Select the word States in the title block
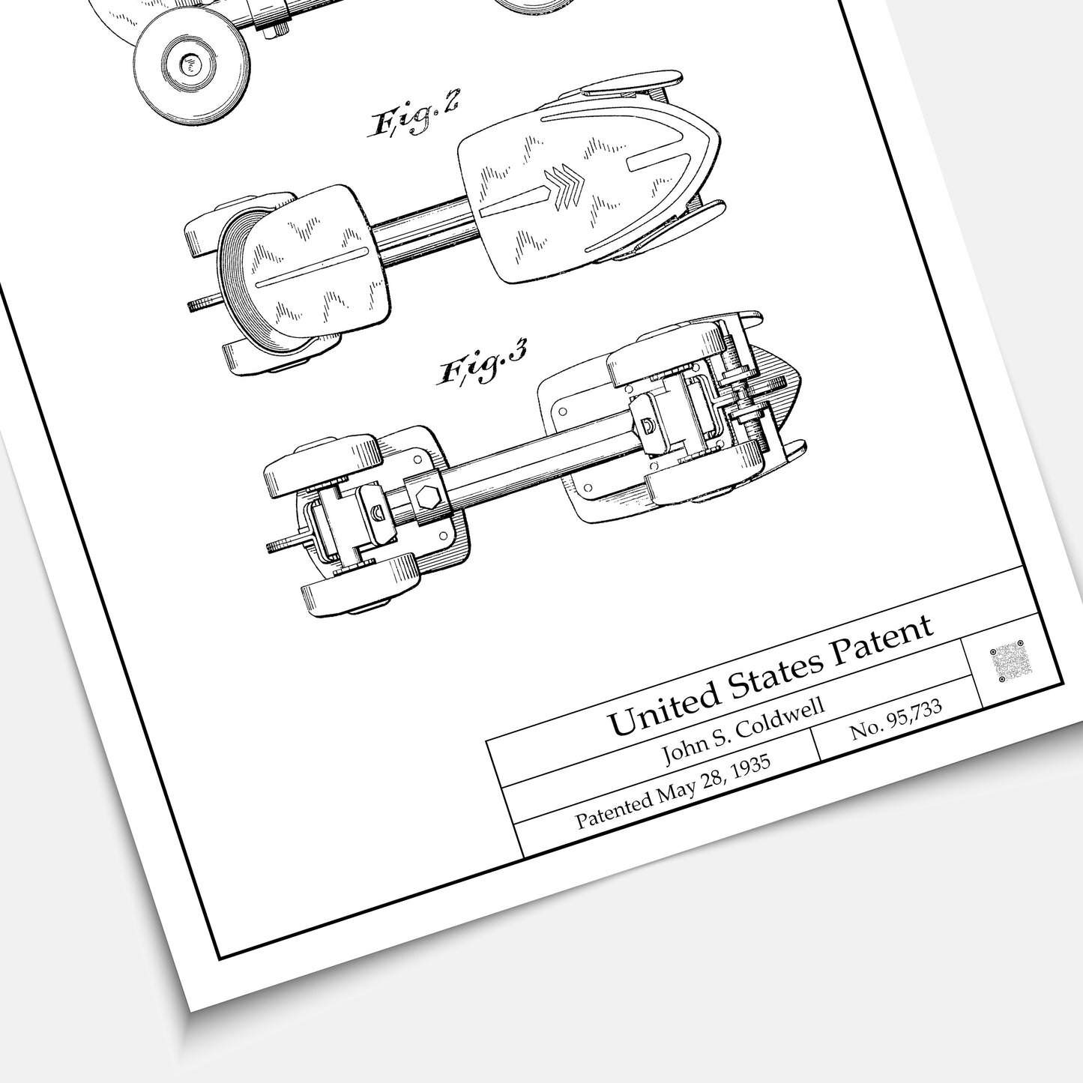(x=774, y=672)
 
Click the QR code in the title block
(x=1011, y=661)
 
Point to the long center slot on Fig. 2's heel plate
(x=313, y=266)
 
